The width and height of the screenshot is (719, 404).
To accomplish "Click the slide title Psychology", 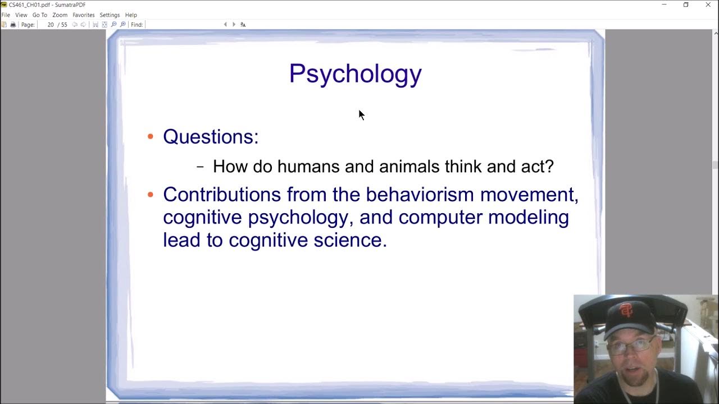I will [x=355, y=74].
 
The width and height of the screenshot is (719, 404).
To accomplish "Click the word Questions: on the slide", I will [x=211, y=136].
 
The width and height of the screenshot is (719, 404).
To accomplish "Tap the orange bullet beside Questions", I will [x=150, y=136].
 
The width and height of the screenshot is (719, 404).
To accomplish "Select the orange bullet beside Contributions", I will [x=150, y=195].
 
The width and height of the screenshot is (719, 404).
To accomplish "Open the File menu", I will [x=6, y=15].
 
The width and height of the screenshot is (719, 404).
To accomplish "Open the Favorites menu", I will [x=83, y=15].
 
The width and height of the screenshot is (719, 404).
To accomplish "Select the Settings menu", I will [x=110, y=15].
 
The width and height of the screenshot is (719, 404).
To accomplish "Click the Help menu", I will [x=131, y=15].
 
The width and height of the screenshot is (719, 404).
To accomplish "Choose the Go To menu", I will [x=40, y=15].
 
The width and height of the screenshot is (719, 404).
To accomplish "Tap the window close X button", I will [x=708, y=5].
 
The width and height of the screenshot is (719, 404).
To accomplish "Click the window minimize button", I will [x=664, y=5].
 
